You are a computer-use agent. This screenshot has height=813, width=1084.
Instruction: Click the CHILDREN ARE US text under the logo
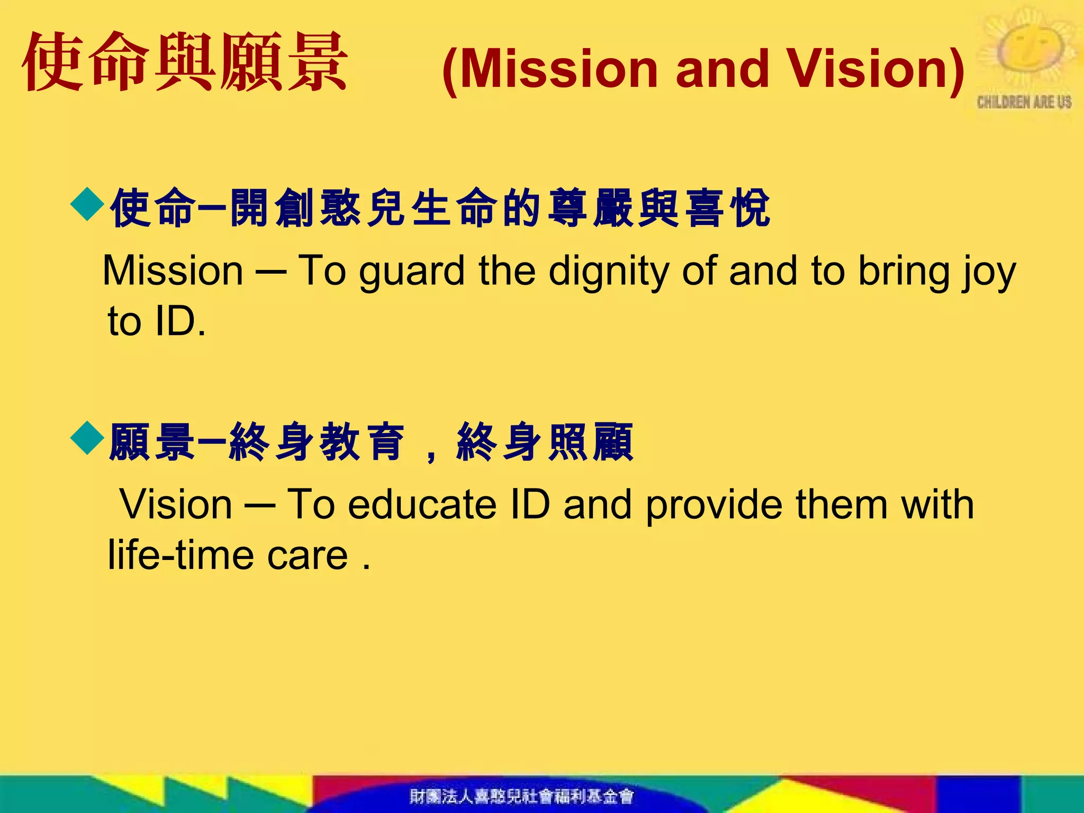1024,102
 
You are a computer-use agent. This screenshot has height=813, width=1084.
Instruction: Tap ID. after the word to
180,321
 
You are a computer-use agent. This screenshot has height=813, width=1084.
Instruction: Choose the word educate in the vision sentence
422,504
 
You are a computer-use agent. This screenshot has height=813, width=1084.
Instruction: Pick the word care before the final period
308,555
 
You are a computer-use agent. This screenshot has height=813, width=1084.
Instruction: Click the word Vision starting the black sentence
176,504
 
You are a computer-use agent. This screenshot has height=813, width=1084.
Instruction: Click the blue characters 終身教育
318,442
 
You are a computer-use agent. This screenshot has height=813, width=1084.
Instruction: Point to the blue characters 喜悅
728,207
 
